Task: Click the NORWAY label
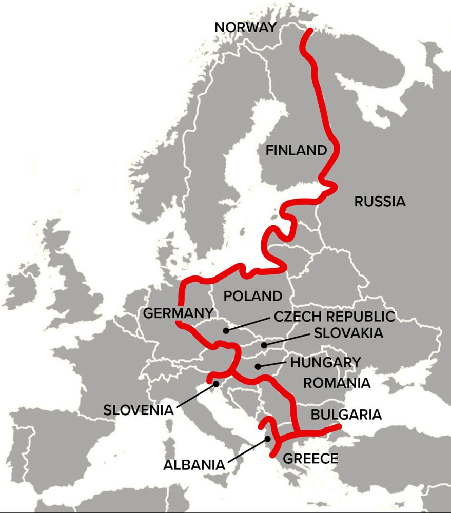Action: (246, 27)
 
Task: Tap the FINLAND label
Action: (296, 150)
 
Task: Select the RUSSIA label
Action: (380, 202)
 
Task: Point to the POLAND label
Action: (252, 296)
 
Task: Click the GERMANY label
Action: (178, 313)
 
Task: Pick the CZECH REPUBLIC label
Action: (334, 316)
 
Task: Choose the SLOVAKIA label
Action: (348, 333)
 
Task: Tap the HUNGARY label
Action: (326, 362)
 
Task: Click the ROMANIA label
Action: (337, 383)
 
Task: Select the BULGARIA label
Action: (346, 415)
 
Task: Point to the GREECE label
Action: (311, 458)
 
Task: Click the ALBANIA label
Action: (194, 465)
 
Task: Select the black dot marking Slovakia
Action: (263, 345)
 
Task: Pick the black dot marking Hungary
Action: (258, 366)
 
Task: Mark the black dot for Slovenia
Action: (217, 383)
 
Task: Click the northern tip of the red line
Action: (309, 32)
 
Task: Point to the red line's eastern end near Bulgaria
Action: (339, 427)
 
